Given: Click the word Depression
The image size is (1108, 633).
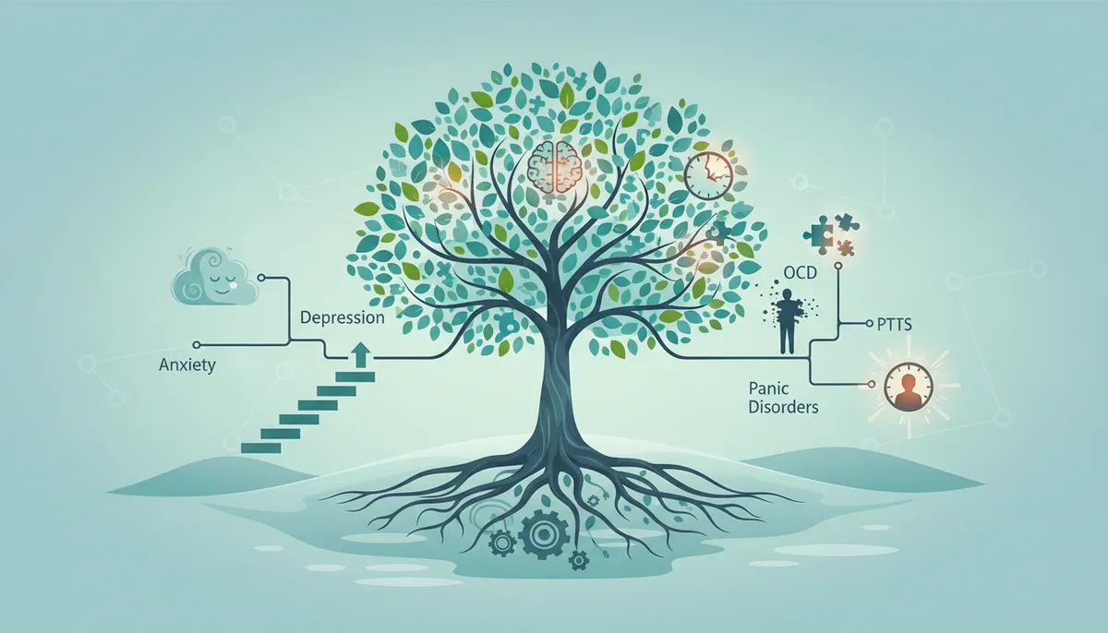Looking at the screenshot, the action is coord(343,317).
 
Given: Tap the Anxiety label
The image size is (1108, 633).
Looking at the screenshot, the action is coord(187,365).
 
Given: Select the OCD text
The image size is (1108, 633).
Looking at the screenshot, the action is coord(800,272).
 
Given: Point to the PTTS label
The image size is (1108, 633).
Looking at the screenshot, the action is coord(895,325).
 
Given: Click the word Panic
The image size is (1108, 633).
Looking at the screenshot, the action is coord(768,388).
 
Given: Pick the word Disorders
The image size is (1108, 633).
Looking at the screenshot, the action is coord(784,408).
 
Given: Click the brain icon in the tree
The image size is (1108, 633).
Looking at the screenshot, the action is coord(555,167).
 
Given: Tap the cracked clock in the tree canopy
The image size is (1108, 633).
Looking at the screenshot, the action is coord(708,175).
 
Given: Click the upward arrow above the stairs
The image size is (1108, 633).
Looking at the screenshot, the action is coord(359,356).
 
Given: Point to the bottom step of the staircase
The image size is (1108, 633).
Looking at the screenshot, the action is coord(260,448).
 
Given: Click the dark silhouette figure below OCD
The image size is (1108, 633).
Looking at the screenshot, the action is coord(787,321).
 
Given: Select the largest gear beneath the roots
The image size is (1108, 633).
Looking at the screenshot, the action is coord(543,533).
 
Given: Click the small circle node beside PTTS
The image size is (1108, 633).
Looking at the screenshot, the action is coord(870,324).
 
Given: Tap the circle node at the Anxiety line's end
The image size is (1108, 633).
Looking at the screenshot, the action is coord(197,344).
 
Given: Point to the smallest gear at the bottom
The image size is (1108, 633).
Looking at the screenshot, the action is coord(577,560).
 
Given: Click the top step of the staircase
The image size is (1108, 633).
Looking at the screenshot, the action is coord(355,377).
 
